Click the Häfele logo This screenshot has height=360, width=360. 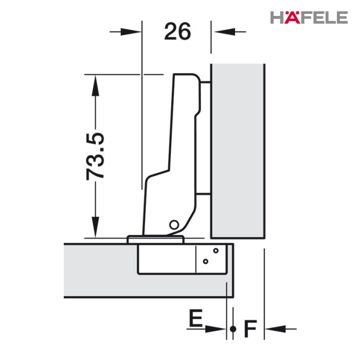[x=309, y=17]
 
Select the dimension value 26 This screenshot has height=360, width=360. [x=177, y=31]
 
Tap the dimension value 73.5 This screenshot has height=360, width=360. [x=95, y=156]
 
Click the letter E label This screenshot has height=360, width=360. [x=195, y=318]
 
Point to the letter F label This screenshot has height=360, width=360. [x=250, y=329]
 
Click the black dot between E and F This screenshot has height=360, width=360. [x=233, y=329]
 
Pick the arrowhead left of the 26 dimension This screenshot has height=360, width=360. [x=131, y=32]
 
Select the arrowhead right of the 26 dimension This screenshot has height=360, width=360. [x=225, y=32]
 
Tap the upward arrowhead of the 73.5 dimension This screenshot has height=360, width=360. [x=95, y=85]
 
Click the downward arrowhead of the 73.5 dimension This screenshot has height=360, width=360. [x=95, y=227]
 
